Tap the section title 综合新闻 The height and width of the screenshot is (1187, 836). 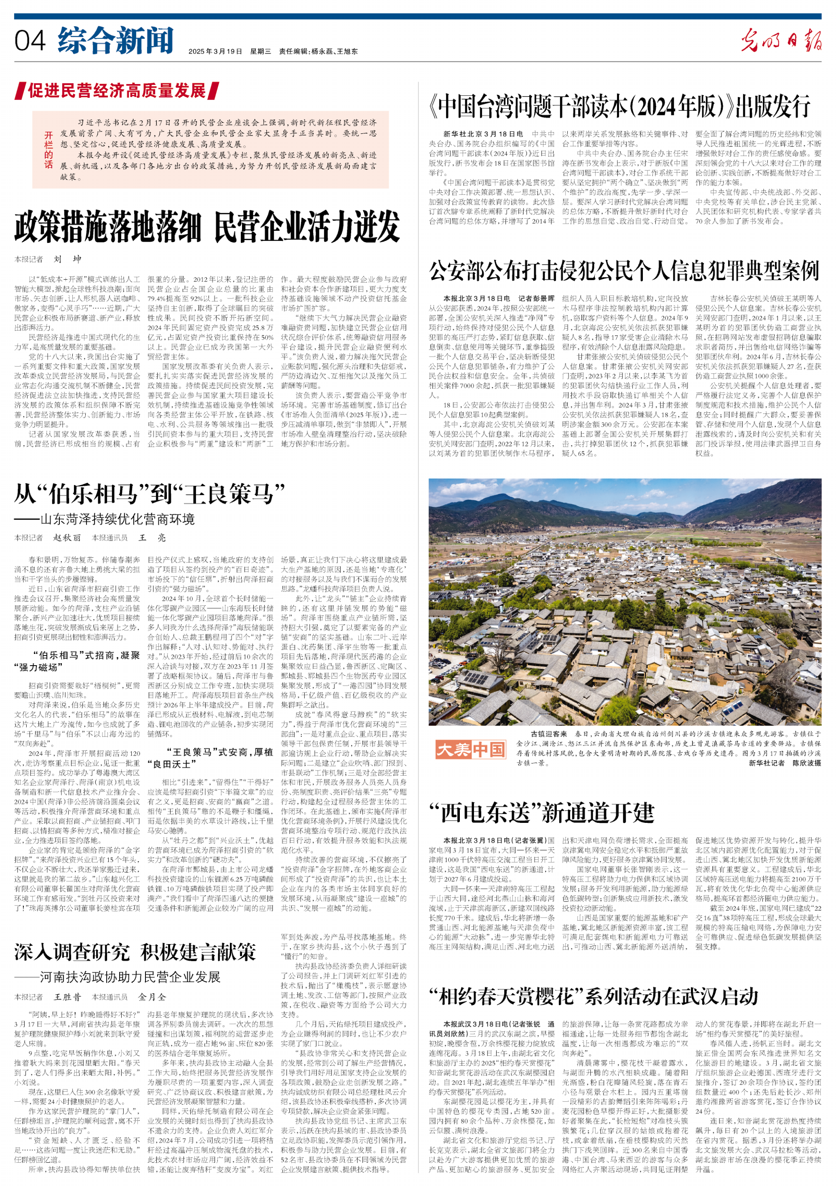click(x=115, y=40)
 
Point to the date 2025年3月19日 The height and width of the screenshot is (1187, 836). click(x=215, y=51)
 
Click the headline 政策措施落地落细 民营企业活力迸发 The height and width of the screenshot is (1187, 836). click(x=207, y=227)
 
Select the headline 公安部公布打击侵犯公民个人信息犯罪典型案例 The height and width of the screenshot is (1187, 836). click(x=624, y=271)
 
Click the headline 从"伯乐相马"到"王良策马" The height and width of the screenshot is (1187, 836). click(x=150, y=494)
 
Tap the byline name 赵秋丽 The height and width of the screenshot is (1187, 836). click(x=67, y=538)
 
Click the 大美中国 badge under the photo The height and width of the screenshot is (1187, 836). click(x=470, y=749)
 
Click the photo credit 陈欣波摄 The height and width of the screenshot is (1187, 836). click(x=806, y=763)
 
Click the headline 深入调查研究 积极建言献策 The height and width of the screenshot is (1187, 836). click(x=135, y=952)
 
